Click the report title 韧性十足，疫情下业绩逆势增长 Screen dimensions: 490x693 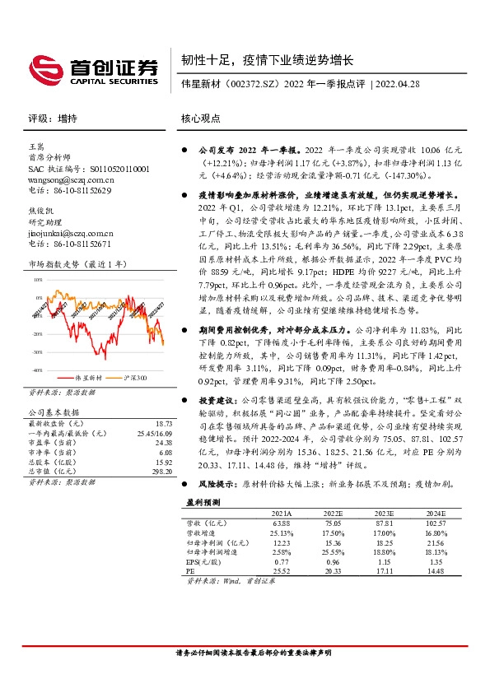(x=268, y=60)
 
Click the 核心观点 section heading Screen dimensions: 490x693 (x=201, y=119)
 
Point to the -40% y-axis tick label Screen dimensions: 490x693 (x=36, y=371)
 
